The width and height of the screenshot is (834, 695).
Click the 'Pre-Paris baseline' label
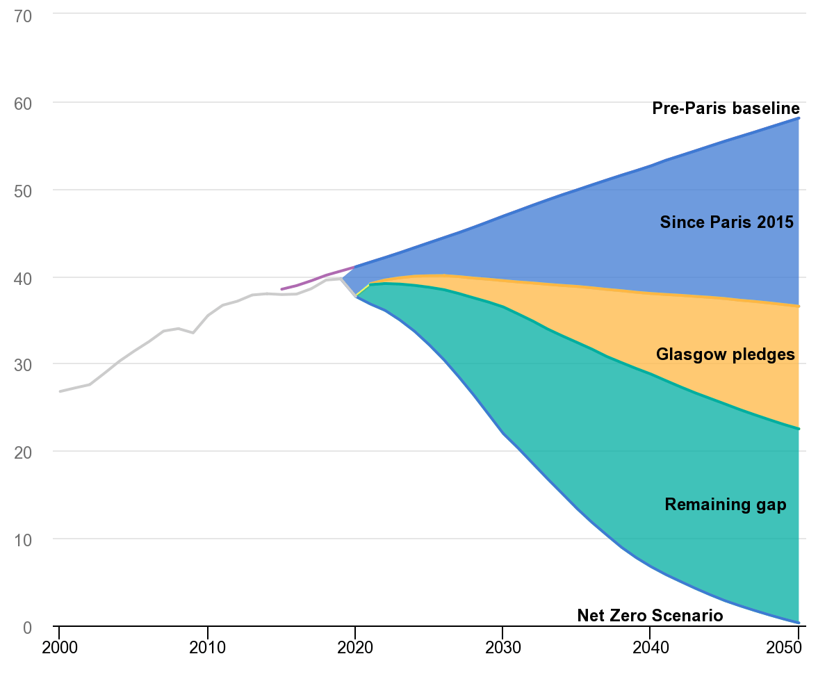click(x=726, y=108)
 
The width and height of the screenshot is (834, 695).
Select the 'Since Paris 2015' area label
click(x=726, y=222)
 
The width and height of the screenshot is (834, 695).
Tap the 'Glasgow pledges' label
click(x=725, y=354)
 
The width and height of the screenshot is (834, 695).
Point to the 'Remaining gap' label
click(x=726, y=505)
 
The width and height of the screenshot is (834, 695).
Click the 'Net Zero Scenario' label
click(x=650, y=616)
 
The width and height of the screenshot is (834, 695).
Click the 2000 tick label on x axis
click(x=59, y=648)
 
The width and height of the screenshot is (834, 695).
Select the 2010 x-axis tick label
click(x=207, y=648)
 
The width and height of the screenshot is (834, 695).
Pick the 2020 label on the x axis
click(x=354, y=648)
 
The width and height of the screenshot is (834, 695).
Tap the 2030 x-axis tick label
click(x=502, y=648)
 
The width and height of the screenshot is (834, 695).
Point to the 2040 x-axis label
click(x=649, y=648)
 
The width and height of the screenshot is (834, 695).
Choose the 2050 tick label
click(x=796, y=648)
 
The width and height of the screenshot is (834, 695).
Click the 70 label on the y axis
click(x=23, y=16)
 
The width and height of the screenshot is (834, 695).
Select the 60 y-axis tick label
click(x=23, y=103)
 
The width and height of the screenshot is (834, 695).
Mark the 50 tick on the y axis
click(x=23, y=190)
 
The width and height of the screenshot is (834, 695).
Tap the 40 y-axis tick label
click(x=23, y=278)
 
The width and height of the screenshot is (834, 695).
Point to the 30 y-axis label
click(x=23, y=365)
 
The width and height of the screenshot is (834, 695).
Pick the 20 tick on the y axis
click(x=23, y=452)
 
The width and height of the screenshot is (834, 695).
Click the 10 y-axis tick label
click(x=23, y=540)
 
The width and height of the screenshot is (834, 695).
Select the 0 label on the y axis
click(x=27, y=628)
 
